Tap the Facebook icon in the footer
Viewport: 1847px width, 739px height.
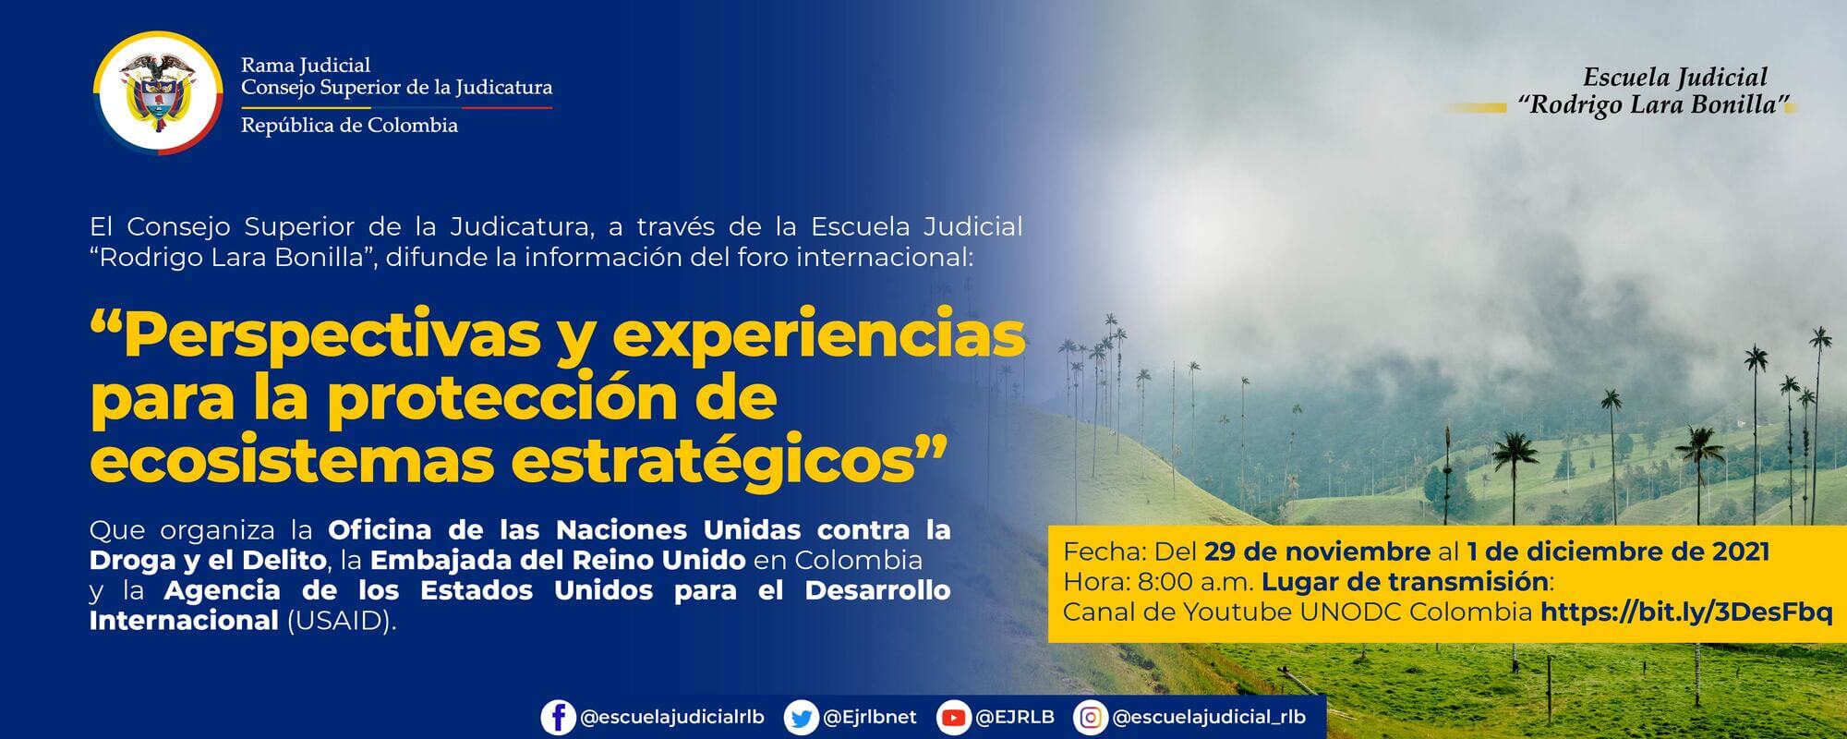tap(558, 718)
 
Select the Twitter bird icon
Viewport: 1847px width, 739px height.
tap(800, 718)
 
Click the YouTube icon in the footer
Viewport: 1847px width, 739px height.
tap(952, 718)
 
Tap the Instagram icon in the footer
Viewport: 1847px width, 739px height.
tap(1091, 718)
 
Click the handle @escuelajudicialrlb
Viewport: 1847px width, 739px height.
tap(672, 718)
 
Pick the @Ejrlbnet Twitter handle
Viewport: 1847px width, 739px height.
tap(869, 718)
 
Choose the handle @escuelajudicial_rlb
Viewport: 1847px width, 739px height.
tap(1210, 718)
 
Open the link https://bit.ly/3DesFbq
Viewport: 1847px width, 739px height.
tap(1686, 612)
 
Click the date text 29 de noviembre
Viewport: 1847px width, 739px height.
tap(1317, 552)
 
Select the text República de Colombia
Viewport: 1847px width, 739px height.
tap(349, 126)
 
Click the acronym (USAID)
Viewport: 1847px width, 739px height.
tap(341, 621)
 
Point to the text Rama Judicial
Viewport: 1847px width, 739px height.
tap(305, 65)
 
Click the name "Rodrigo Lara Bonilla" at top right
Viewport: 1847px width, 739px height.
tap(1654, 105)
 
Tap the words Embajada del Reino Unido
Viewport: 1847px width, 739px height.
tap(558, 560)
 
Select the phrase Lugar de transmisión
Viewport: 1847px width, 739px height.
tap(1405, 582)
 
